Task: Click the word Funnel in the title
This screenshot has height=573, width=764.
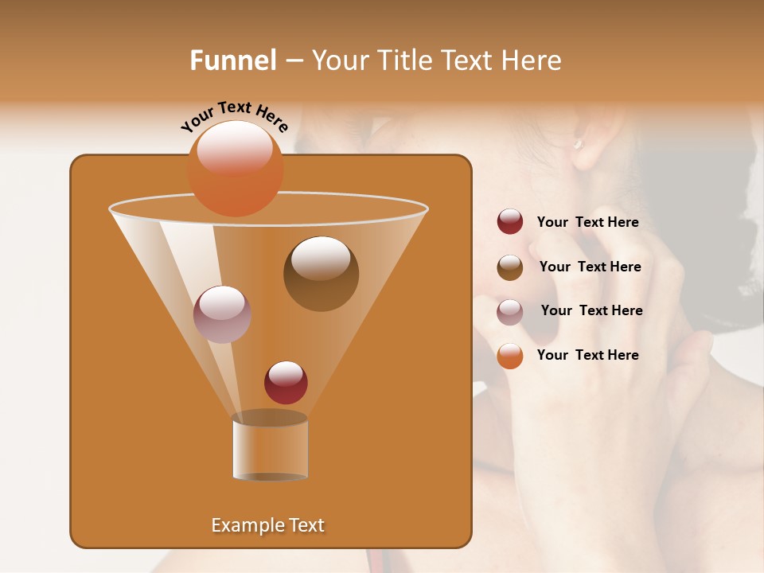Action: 232,60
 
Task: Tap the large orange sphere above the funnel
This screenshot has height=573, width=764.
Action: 235,168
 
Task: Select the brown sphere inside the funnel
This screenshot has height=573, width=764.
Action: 321,273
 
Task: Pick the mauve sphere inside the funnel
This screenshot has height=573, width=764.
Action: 222,314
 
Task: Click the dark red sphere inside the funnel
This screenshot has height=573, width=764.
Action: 286,382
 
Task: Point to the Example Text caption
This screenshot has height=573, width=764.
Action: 267,525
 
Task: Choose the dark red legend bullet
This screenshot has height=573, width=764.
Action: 510,222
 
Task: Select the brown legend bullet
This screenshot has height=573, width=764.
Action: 510,267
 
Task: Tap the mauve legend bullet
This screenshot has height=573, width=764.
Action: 510,312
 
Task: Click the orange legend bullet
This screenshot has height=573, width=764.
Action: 510,356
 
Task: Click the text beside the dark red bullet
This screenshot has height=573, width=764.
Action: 587,223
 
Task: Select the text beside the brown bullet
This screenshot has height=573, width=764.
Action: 590,267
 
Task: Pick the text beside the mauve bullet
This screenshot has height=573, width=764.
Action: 591,310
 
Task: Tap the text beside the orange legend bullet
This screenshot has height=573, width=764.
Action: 587,355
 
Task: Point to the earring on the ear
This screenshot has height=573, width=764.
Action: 579,144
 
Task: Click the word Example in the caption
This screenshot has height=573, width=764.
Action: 245,525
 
